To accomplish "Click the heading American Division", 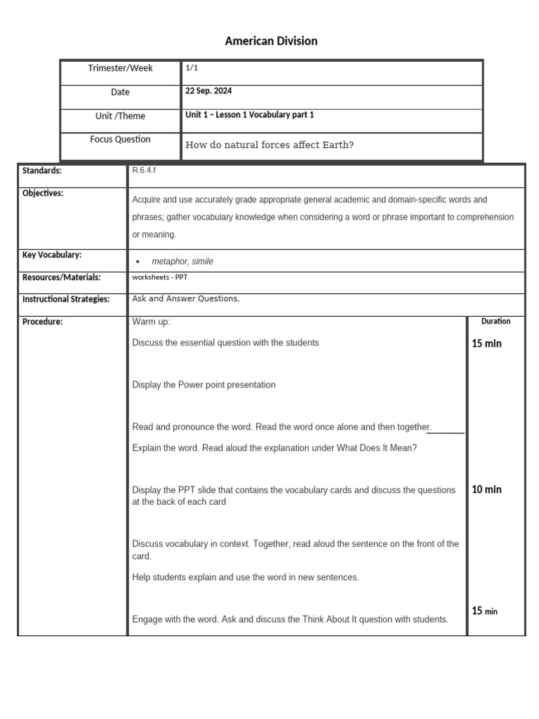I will pos(271,41).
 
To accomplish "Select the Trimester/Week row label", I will pos(120,68).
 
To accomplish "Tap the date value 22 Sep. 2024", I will pos(208,91).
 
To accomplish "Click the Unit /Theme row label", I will pos(120,116).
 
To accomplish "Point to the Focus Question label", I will pos(120,139).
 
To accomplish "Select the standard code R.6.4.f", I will pos(144,170).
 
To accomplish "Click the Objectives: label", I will pos(43,193).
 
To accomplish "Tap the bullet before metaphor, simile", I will pos(138,261).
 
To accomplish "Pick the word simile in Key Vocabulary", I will pos(201,261).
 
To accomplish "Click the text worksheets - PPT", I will pos(159,277).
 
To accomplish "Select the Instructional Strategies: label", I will pos(66,299).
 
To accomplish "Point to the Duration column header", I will pos(495,321).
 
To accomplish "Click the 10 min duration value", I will pos(486,489).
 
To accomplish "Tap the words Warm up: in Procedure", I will pos(151,322).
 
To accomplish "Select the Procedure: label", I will pos(42,322).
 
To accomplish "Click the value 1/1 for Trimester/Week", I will pos(192,68).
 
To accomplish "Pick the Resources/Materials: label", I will pos(62,277).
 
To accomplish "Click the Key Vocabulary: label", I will pos(52,255).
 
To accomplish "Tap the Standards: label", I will pos(42,171).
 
